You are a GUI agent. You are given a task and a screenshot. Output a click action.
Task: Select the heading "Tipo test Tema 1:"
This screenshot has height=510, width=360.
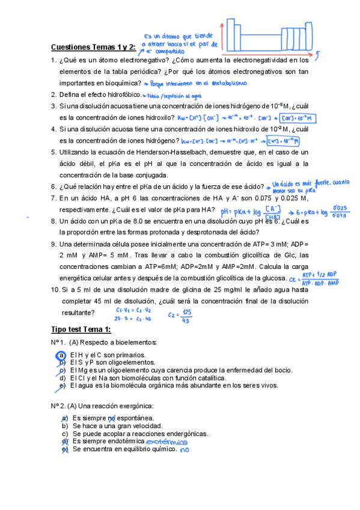point(81,330)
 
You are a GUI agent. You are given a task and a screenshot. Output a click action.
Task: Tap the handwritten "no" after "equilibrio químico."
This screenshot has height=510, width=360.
point(184,449)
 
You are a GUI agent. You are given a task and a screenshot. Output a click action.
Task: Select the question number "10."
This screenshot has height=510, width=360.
point(55,289)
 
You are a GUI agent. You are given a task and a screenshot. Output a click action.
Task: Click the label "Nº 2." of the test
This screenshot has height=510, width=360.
point(58,405)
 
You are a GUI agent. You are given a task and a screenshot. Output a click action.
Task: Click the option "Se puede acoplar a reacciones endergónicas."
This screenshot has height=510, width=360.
point(140,434)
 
